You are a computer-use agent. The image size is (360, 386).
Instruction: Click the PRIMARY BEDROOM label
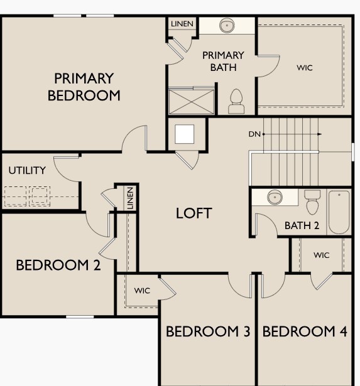pos(84,87)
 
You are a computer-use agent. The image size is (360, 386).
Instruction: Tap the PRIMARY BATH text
pos(223,62)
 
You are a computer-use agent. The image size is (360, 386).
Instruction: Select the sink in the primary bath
pos(227,26)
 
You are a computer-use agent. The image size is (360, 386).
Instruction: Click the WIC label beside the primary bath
pos(304,67)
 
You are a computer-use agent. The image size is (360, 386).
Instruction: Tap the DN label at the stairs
pos(254,134)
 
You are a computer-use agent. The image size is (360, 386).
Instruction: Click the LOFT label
pos(194,213)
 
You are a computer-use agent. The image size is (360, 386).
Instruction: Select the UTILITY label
pos(27,170)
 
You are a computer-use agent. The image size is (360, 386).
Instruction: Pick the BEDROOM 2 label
pos(58,265)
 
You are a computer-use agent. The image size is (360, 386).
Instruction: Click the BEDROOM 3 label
pos(208,331)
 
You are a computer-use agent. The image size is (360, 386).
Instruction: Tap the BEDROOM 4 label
pos(305,331)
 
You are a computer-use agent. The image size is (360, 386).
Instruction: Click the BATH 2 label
pos(302,226)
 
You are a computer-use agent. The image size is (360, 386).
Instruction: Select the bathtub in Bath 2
pos(339,212)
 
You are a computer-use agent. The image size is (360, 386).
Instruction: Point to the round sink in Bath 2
pos(275,198)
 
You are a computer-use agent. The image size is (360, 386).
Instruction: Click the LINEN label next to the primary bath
pos(182,24)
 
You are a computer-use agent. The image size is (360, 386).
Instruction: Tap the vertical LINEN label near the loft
pos(130,198)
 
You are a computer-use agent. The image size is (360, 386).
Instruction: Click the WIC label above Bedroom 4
pos(322,255)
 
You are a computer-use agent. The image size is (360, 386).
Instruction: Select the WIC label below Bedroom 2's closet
pos(143,291)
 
